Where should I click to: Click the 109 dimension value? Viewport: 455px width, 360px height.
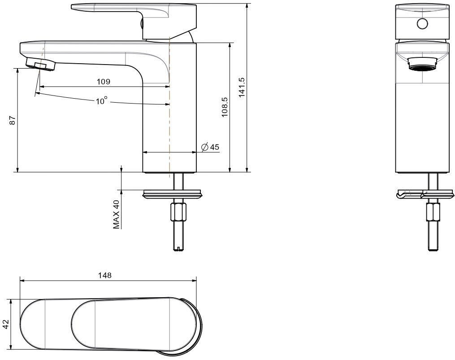click(104, 82)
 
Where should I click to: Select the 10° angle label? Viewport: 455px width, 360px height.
click(102, 100)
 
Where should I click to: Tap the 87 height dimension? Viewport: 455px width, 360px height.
click(12, 120)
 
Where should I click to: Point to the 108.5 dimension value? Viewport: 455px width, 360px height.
click(225, 107)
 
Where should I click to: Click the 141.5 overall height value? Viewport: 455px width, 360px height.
click(242, 87)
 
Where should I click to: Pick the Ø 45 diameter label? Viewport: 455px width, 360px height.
click(210, 147)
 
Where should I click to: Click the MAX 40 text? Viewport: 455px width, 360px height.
click(117, 214)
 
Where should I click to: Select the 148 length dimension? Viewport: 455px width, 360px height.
click(105, 275)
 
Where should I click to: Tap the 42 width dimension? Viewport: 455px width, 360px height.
click(6, 324)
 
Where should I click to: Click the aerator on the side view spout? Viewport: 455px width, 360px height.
click(41, 64)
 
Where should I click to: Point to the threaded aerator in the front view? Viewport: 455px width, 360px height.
click(422, 64)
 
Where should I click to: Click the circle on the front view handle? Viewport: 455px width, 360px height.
click(422, 24)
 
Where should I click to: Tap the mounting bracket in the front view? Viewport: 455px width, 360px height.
click(425, 195)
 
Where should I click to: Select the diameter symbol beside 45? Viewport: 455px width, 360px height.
click(204, 147)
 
